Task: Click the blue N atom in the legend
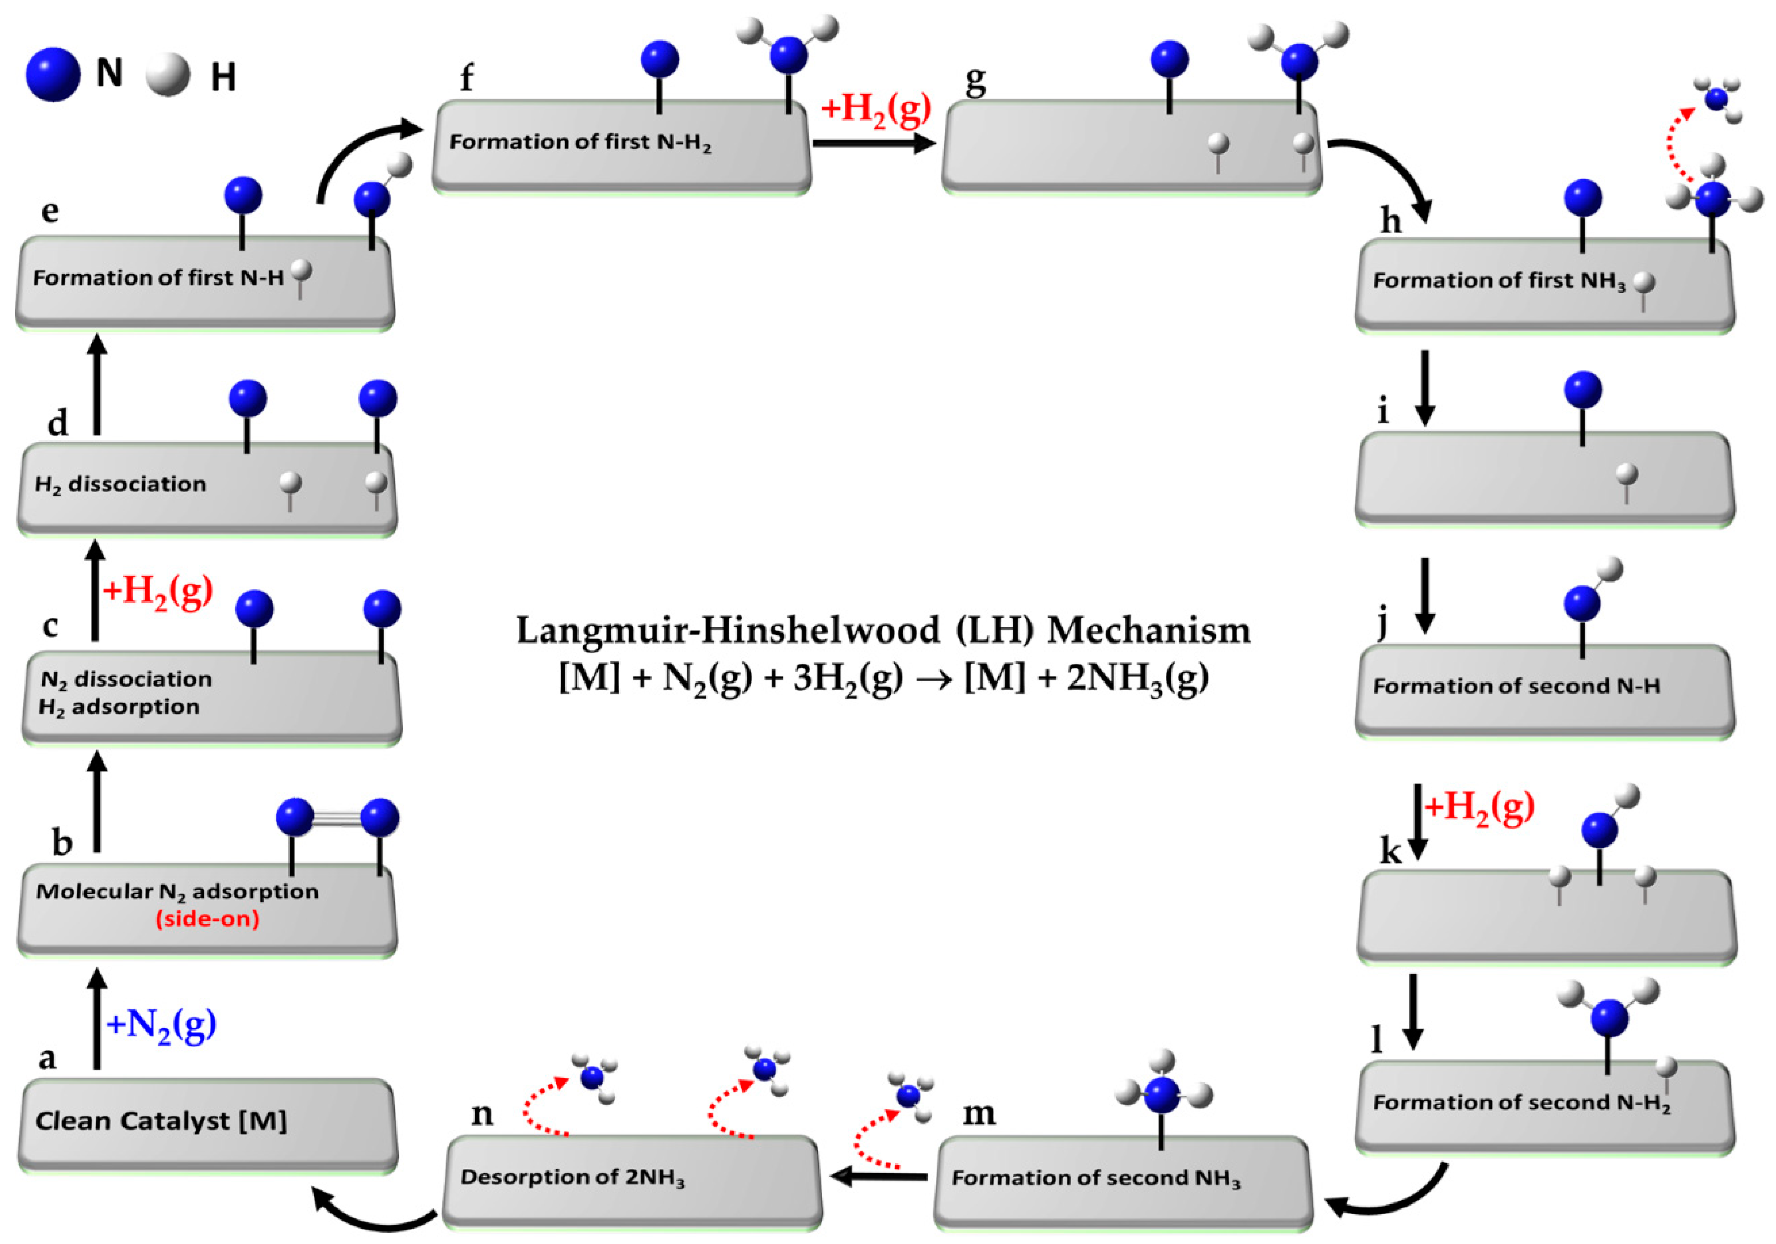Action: (53, 74)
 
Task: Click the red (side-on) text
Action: (208, 919)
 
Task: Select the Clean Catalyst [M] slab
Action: (208, 1123)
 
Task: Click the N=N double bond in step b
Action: (337, 818)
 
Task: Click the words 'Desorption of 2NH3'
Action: (572, 1178)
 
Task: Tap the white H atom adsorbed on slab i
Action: (1628, 473)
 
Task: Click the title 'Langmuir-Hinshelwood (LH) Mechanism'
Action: (883, 630)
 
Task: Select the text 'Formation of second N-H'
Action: (1516, 686)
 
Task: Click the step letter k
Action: (1391, 852)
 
